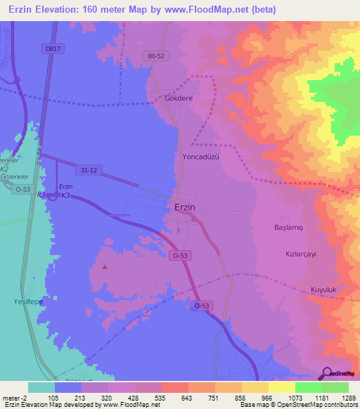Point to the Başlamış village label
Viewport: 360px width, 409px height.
288,228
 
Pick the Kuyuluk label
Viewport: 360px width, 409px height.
324,290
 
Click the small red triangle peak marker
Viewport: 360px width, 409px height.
105,266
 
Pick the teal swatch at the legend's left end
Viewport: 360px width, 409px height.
41,387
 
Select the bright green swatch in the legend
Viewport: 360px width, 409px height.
308,387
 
